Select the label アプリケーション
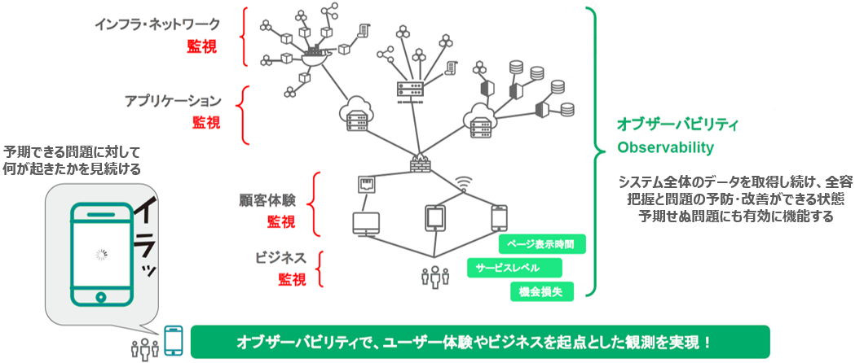point(173,101)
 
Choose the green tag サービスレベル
point(514,268)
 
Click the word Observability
point(665,147)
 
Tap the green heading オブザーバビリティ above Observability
point(677,125)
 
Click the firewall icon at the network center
point(420,162)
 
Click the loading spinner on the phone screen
point(101,255)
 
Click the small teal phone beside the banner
point(174,341)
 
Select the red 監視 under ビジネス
point(293,280)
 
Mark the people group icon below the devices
point(435,278)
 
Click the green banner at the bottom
point(479,342)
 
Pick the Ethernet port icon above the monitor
point(365,185)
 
